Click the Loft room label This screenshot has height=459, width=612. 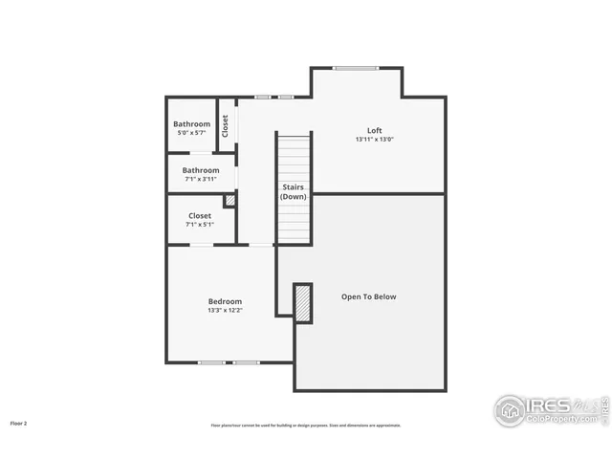375,130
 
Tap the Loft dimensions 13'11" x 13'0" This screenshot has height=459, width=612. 375,140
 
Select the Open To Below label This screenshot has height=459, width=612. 368,296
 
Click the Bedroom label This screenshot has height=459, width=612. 225,301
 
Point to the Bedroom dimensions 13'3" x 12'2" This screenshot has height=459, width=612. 225,311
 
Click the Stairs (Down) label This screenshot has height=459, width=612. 293,191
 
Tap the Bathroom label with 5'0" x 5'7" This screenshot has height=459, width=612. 191,124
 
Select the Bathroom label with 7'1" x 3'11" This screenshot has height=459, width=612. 201,170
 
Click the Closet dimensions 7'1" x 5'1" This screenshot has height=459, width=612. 200,225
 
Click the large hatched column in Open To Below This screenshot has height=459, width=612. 303,302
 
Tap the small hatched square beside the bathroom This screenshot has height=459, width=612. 229,201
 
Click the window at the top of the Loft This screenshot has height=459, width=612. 355,67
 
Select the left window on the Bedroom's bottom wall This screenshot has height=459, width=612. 211,362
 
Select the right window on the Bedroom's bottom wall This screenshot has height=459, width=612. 246,362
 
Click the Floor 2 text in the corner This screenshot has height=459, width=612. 19,423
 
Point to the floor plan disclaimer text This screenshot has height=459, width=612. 306,426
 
